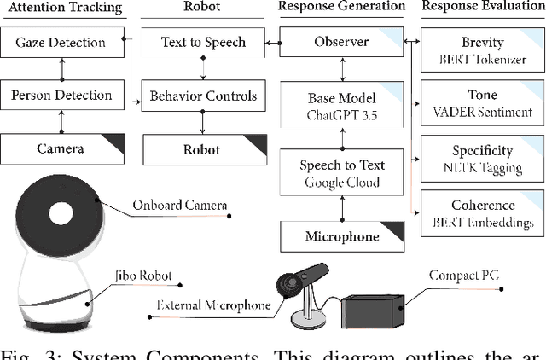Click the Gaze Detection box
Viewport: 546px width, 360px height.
[61, 42]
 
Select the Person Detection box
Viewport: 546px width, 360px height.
[61, 95]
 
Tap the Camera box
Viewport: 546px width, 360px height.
[61, 149]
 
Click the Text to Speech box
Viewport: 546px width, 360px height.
[203, 42]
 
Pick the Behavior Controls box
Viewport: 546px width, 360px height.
[203, 95]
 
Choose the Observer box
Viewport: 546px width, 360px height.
[342, 42]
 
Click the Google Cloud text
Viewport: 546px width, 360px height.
[342, 182]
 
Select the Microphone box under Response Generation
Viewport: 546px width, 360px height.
[342, 235]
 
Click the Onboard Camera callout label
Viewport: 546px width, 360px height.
[179, 205]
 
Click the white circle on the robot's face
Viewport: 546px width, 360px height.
[61, 212]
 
